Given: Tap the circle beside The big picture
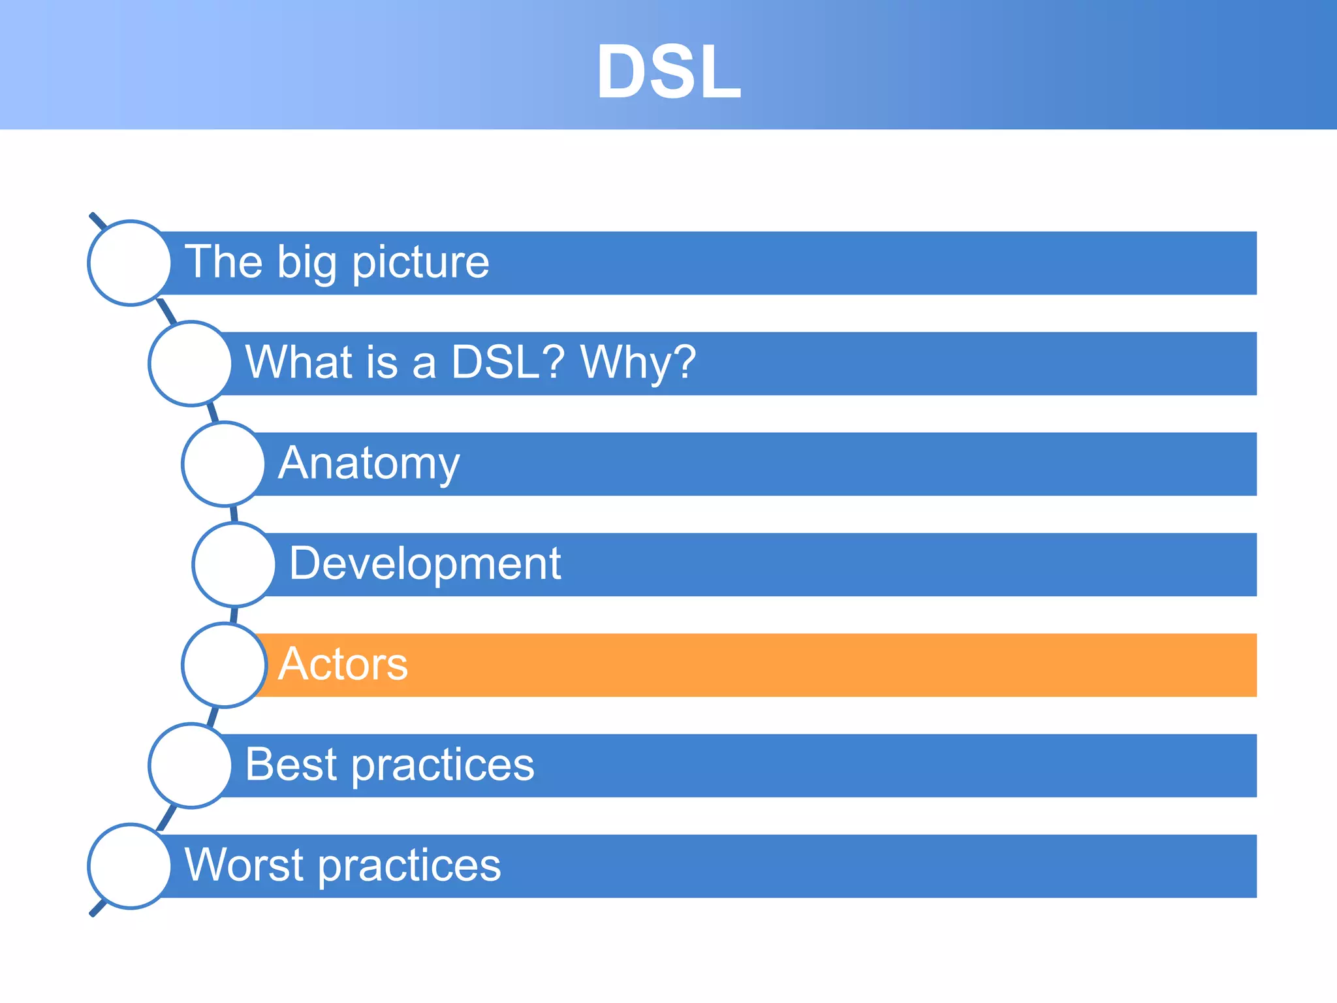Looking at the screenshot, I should click(x=130, y=263).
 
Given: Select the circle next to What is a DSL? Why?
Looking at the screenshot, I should click(x=190, y=363).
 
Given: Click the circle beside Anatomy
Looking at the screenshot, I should click(x=224, y=464).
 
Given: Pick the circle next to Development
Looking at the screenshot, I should click(x=234, y=564).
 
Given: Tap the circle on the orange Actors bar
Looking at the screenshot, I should click(x=224, y=665).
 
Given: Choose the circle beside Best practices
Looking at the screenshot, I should click(x=190, y=765).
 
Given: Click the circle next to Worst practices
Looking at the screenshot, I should click(x=130, y=866).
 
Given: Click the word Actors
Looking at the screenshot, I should click(x=343, y=664).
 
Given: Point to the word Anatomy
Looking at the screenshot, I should click(x=369, y=464).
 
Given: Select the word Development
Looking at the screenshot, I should click(x=424, y=564).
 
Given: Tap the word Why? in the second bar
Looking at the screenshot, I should click(x=638, y=362).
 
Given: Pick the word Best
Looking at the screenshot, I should click(x=291, y=765).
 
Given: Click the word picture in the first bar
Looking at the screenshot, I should click(x=420, y=263).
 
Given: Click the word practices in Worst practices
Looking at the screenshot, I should click(x=410, y=866).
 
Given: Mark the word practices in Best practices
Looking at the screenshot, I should click(x=443, y=765).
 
